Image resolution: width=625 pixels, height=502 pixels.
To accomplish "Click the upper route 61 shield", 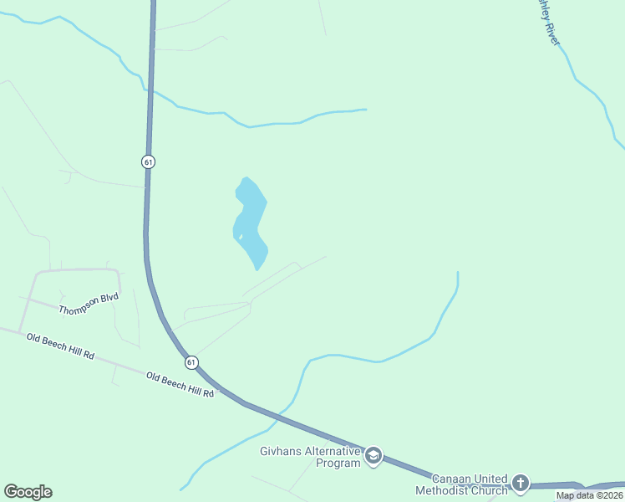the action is [x=148, y=161].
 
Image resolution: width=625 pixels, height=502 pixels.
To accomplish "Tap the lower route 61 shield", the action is [x=192, y=361].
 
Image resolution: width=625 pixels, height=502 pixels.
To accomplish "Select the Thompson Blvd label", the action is [x=89, y=304].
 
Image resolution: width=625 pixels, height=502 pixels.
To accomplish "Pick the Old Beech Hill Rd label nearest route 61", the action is [x=180, y=385].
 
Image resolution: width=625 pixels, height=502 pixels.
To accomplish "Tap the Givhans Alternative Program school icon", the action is [x=373, y=456].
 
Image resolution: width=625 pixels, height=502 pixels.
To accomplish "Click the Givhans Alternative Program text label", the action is [x=309, y=458].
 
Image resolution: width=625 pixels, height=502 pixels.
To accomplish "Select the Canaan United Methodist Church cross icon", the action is [x=521, y=483].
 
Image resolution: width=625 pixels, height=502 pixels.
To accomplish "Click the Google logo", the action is [x=28, y=492].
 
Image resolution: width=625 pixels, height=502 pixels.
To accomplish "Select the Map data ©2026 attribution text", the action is [x=589, y=495].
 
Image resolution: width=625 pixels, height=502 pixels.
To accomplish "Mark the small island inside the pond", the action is [x=241, y=237].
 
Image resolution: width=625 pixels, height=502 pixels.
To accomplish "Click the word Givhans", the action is [x=277, y=452].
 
